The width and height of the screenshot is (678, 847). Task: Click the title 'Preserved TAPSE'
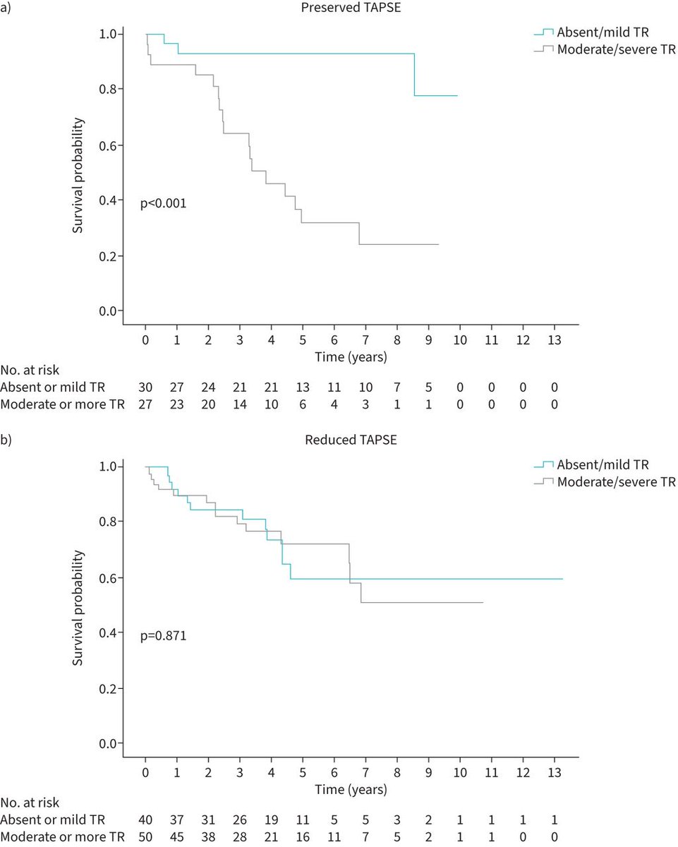pos(341,8)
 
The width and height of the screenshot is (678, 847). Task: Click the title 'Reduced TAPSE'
pos(341,440)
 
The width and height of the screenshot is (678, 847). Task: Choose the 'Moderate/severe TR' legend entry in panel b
pos(616,482)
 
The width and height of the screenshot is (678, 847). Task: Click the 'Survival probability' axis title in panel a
pos(79,172)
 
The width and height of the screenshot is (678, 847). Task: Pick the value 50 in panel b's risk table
pos(146,836)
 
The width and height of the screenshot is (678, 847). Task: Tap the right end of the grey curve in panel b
pos(483,602)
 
